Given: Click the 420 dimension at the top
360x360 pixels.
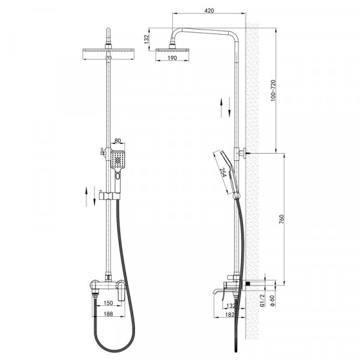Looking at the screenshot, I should point(209,10).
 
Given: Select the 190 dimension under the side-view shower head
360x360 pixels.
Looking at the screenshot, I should point(172,58).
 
